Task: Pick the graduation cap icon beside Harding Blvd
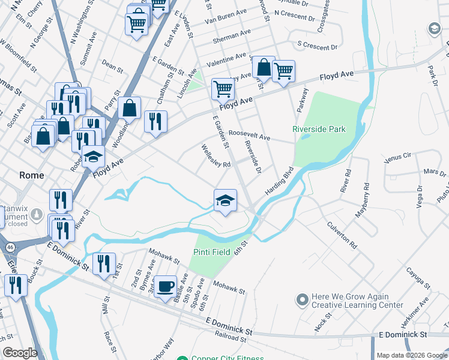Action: (225, 200)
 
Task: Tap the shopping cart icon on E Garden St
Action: (222, 89)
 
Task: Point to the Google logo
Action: (20, 353)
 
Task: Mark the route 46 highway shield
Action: (11, 247)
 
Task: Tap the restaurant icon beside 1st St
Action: (104, 263)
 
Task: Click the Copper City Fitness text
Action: (228, 358)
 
